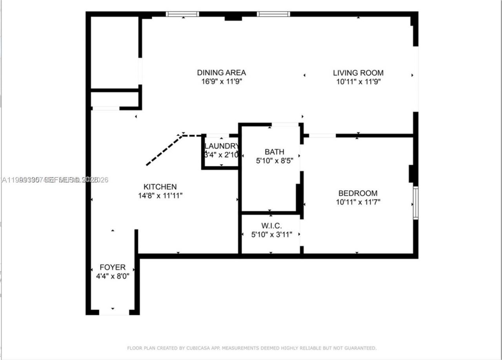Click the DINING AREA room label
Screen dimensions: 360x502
(221, 73)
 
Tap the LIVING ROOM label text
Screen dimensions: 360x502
(358, 73)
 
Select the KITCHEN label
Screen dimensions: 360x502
(160, 187)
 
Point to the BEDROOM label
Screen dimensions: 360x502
(358, 193)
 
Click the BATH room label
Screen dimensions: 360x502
(274, 152)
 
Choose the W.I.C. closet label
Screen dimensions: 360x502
(271, 226)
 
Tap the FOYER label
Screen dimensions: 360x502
(113, 267)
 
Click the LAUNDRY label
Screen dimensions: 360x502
(221, 146)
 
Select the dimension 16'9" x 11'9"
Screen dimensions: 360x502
(221, 82)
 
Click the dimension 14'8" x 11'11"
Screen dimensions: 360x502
(160, 196)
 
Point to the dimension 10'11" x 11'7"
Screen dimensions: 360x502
(358, 202)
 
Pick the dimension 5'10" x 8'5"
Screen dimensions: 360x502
(274, 160)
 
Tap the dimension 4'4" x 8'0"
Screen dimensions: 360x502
(113, 276)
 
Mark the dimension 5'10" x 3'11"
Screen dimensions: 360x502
(271, 235)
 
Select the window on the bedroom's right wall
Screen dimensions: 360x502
(416, 203)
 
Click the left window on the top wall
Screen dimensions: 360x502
(182, 14)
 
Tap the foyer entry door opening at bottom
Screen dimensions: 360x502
(114, 313)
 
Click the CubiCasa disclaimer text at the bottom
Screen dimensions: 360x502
(252, 348)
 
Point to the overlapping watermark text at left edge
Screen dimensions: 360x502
(55, 180)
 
